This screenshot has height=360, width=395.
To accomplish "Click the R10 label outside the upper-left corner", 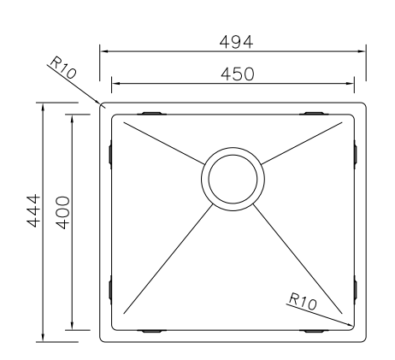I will click(64, 68).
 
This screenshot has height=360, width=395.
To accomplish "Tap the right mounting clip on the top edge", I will click(314, 113).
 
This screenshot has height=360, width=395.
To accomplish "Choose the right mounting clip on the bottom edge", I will click(314, 330).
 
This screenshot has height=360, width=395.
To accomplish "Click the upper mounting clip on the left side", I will click(111, 153).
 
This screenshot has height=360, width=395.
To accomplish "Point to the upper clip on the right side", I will click(355, 153).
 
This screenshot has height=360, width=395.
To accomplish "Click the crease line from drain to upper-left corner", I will click(162, 141).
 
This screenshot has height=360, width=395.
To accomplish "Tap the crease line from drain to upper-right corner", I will click(304, 141).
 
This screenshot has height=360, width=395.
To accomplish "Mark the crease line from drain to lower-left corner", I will click(167, 261).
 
